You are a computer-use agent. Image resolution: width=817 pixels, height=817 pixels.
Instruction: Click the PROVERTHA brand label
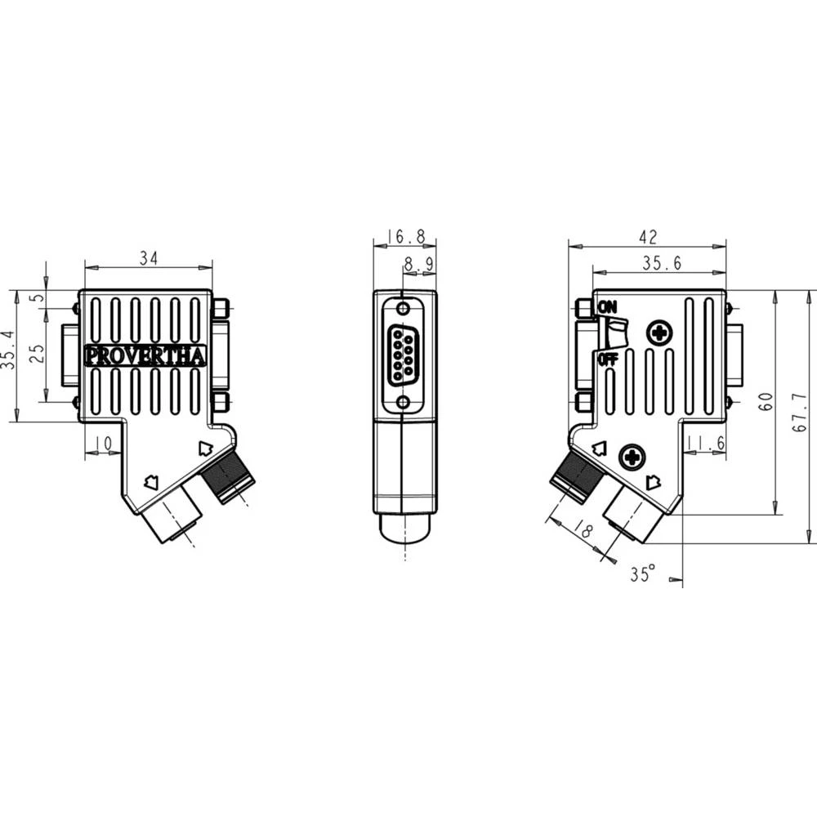[145, 356]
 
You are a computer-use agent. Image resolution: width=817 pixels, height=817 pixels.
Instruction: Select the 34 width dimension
[148, 258]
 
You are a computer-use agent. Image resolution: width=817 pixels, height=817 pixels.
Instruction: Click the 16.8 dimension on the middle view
[406, 237]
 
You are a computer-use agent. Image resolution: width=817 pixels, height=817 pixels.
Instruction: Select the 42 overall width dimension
[648, 237]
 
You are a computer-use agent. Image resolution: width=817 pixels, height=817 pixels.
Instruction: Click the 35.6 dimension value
[662, 263]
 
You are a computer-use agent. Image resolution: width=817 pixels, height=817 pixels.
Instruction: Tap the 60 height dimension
[766, 402]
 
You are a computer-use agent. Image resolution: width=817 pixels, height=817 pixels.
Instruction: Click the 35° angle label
[643, 574]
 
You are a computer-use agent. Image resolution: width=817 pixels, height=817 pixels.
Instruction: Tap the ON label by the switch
[607, 306]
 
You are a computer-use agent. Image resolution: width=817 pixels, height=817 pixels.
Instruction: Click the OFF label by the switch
[607, 359]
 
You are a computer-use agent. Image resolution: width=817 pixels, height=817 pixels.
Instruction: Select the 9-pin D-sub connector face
[403, 355]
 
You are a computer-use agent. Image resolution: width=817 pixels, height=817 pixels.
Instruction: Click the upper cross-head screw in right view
[659, 333]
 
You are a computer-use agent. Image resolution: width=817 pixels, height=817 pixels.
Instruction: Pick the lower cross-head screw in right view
[632, 457]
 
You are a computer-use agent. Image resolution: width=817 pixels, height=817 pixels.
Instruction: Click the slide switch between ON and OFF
[614, 333]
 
